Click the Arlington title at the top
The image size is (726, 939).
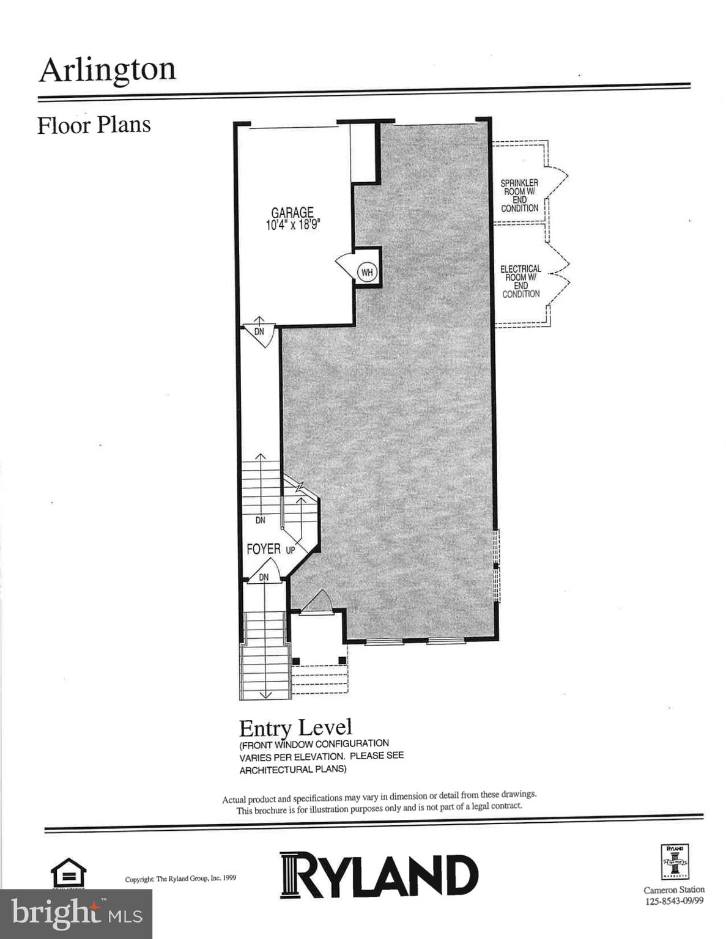click(x=108, y=70)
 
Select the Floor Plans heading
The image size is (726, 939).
click(x=94, y=125)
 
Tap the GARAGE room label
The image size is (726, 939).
click(x=292, y=213)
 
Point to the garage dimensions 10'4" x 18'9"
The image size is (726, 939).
click(x=293, y=224)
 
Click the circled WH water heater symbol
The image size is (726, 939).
click(x=367, y=273)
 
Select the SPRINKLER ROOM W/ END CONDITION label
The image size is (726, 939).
click(x=519, y=196)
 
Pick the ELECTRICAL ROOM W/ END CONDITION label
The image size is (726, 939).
click(x=520, y=281)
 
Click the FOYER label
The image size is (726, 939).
click(x=264, y=549)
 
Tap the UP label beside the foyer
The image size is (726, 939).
click(x=291, y=550)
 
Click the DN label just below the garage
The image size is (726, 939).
click(x=259, y=332)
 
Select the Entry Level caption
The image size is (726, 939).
click(x=295, y=728)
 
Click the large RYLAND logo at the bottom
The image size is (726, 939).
click(x=379, y=875)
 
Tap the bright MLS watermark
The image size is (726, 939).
click(x=76, y=914)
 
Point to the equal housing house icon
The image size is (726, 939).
click(x=68, y=872)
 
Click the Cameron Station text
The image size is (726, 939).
click(x=674, y=889)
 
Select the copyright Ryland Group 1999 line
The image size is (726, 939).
click(x=180, y=879)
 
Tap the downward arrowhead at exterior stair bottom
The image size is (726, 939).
click(x=265, y=694)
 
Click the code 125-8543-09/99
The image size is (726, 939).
click(x=674, y=901)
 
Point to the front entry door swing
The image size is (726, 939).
click(x=317, y=601)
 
